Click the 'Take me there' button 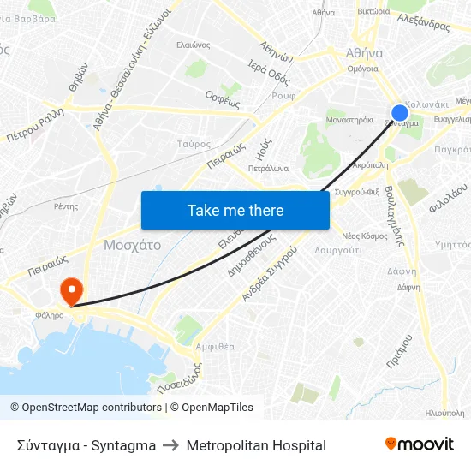tap(235, 210)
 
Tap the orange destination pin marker tap(69, 290)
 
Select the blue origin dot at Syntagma tap(400, 113)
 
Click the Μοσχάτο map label tap(132, 245)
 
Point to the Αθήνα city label tap(363, 51)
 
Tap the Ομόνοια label tap(363, 69)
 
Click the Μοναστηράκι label tap(349, 121)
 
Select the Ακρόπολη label tap(371, 164)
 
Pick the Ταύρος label tap(194, 145)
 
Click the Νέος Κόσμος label tap(364, 235)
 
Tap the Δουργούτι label tap(338, 250)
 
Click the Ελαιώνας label tap(193, 45)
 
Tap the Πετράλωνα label tap(268, 169)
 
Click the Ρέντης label tap(66, 206)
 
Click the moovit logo tap(419, 444)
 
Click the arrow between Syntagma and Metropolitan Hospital tap(170, 445)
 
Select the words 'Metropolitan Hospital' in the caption tap(256, 445)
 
